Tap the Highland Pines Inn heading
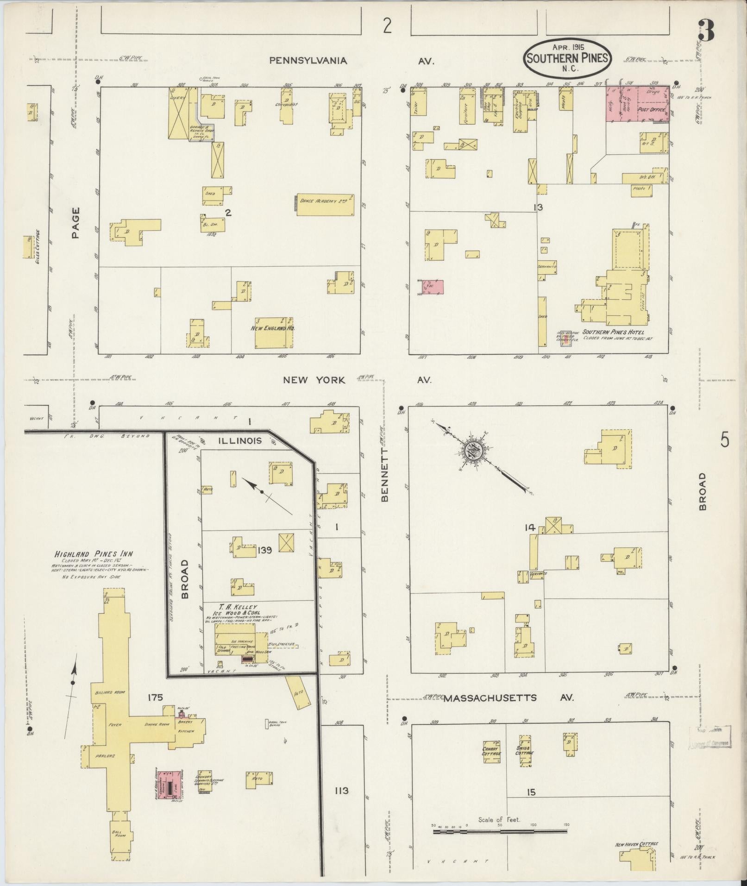point(94,553)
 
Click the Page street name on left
point(75,223)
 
